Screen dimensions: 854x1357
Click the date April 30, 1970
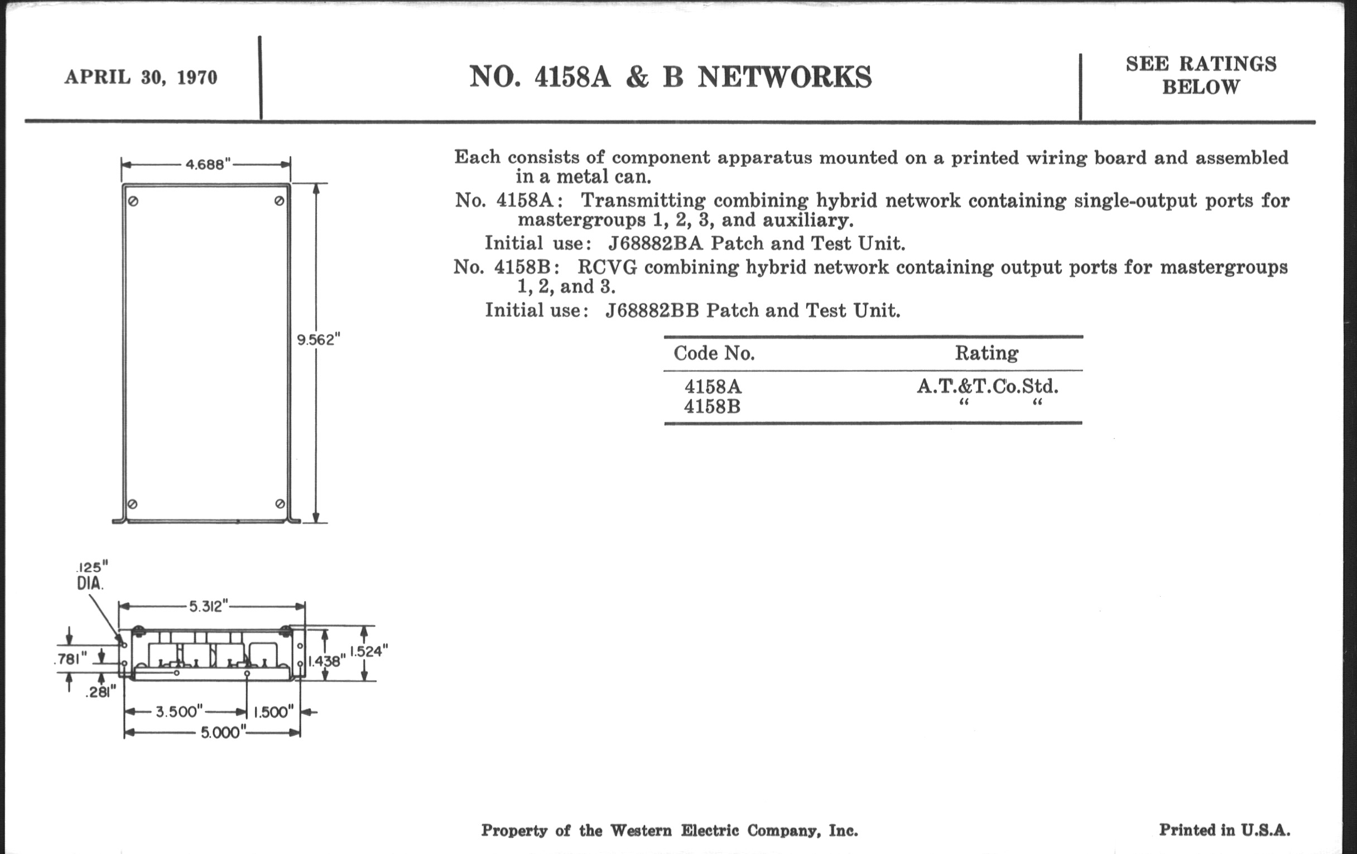tap(141, 76)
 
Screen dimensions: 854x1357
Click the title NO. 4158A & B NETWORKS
tap(670, 76)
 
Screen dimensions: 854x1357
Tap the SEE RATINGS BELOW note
tap(1201, 75)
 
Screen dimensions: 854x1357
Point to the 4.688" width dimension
tap(208, 164)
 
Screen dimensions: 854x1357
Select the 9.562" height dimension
tap(319, 339)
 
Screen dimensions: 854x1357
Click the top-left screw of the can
tap(133, 201)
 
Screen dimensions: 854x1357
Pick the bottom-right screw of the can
tap(280, 503)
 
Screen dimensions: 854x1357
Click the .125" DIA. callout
tap(92, 575)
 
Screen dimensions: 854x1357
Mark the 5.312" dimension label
tap(208, 606)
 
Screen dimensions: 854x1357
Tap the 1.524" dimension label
tap(369, 651)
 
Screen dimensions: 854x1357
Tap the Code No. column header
tap(714, 353)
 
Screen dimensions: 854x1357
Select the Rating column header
tap(986, 353)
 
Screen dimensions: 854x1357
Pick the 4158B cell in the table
tap(712, 406)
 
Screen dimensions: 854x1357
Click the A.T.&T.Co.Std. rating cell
tap(987, 386)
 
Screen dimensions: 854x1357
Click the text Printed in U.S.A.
tap(1224, 830)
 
